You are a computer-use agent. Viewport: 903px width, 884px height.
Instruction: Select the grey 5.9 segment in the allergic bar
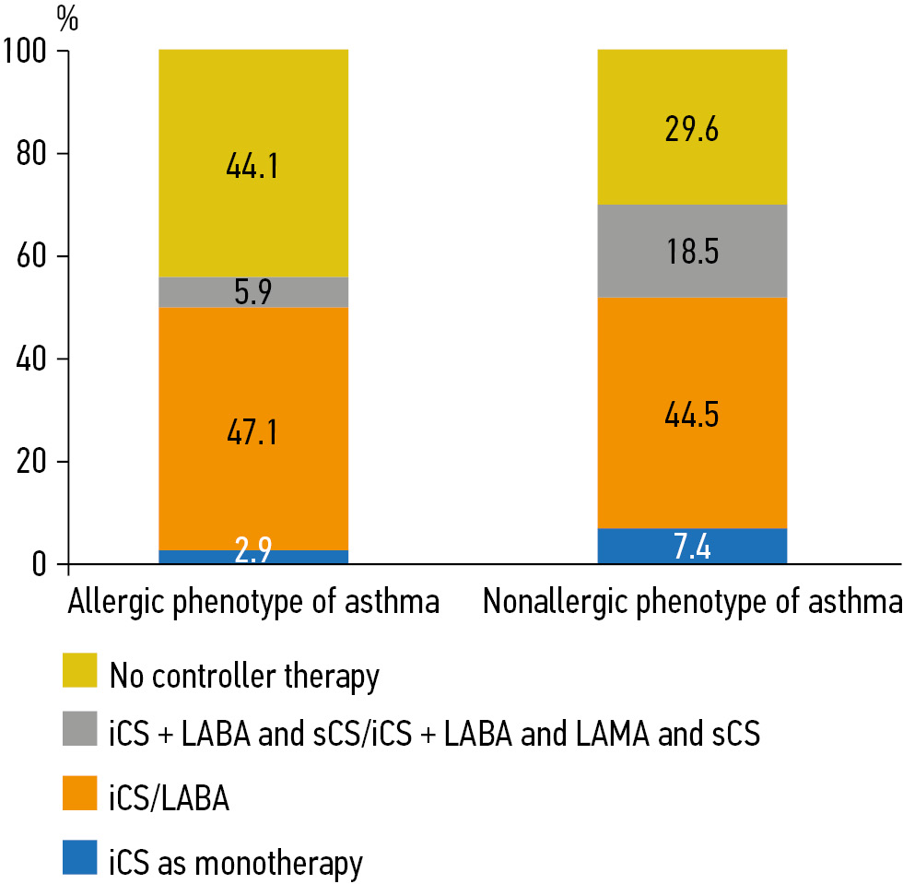point(253,292)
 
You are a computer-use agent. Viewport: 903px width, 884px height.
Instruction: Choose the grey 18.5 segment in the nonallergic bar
point(692,250)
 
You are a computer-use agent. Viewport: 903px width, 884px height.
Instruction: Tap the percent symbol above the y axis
point(67,18)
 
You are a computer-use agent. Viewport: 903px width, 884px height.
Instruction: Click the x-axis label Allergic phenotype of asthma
point(253,606)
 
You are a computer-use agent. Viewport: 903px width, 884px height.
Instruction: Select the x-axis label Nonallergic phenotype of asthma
point(692,606)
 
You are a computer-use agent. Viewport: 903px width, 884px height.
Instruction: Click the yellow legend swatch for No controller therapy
point(78,676)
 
